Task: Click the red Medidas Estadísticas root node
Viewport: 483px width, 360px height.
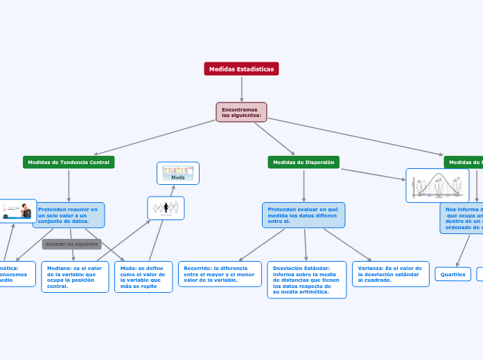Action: tap(241, 69)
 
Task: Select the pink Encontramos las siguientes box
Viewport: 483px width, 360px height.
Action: tap(241, 112)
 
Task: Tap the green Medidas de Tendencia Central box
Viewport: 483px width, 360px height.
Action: tap(69, 162)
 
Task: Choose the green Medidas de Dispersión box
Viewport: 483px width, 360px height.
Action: tap(304, 162)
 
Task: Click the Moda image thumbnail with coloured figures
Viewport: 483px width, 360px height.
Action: tap(178, 173)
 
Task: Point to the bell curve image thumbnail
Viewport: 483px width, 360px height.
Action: tap(437, 186)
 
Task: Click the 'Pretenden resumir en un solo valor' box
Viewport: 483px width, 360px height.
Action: tap(69, 215)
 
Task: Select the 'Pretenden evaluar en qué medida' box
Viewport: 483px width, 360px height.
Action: tap(304, 215)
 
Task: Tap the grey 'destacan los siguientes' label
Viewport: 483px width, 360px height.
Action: tap(72, 244)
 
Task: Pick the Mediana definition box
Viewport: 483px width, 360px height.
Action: tap(75, 277)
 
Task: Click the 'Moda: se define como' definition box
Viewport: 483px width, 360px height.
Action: tap(143, 277)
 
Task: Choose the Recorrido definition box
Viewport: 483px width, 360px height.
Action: tap(220, 273)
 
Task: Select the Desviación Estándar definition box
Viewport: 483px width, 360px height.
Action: tap(306, 280)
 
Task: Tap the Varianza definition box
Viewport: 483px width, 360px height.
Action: tap(390, 273)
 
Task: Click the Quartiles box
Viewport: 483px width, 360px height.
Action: tap(453, 274)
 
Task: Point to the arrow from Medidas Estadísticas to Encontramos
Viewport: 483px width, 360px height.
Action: tap(241, 89)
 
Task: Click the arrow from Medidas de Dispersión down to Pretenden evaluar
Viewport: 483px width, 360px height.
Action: tap(304, 186)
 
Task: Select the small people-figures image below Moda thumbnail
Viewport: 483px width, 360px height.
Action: tap(166, 208)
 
